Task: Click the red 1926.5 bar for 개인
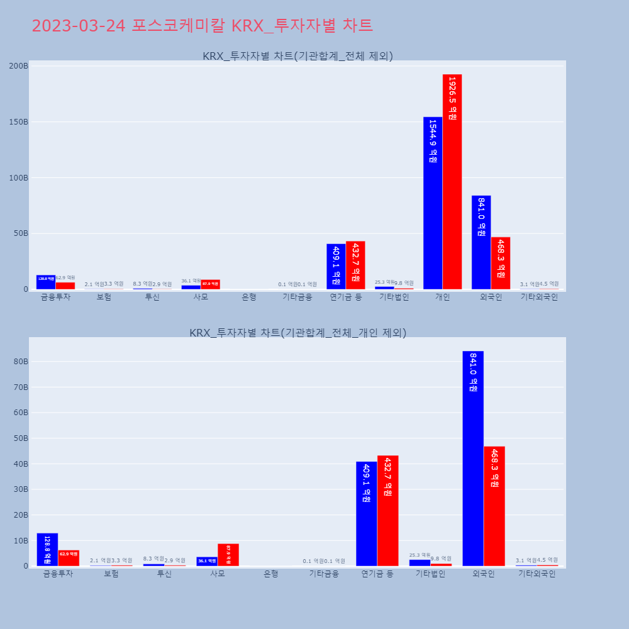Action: (452, 182)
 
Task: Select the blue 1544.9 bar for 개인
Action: (433, 203)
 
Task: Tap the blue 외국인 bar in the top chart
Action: (481, 243)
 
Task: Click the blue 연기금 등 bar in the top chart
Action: (336, 267)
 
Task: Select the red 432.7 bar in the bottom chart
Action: (387, 511)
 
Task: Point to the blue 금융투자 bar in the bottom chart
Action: (47, 550)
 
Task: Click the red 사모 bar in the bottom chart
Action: (228, 555)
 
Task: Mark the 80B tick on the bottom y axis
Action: (21, 362)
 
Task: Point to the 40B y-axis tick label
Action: (21, 464)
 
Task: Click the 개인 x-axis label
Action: (442, 298)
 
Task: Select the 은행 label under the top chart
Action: (249, 298)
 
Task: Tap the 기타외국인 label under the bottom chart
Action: (537, 574)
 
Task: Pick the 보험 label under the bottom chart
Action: (111, 574)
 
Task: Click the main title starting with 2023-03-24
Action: (202, 26)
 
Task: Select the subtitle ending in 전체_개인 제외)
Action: (298, 333)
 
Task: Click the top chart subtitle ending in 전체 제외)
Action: (298, 56)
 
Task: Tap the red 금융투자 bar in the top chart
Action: (65, 286)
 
